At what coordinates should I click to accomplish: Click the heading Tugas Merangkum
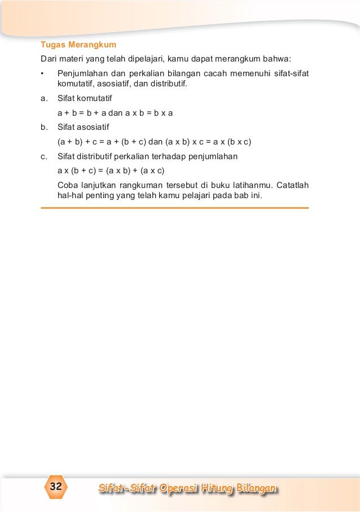click(x=78, y=45)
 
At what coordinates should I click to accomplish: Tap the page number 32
click(x=56, y=487)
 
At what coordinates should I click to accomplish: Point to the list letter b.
click(x=43, y=126)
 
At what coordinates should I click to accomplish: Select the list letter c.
click(x=43, y=156)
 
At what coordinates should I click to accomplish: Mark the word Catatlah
click(x=293, y=185)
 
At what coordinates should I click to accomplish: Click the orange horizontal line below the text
click(x=175, y=208)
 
